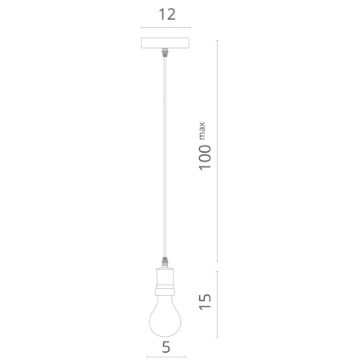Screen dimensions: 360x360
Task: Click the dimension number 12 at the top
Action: [x=167, y=14]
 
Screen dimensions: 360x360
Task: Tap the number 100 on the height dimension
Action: [x=205, y=158]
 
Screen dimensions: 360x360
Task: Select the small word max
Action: [x=202, y=131]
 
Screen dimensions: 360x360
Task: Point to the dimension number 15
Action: [x=205, y=302]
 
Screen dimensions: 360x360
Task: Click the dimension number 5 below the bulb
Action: [x=166, y=347]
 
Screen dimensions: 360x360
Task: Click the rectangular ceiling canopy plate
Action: [x=165, y=43]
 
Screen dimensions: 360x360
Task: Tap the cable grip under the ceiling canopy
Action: [x=166, y=52]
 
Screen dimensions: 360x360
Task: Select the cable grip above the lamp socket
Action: [x=166, y=263]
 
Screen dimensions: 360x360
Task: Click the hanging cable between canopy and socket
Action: [x=165, y=157]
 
